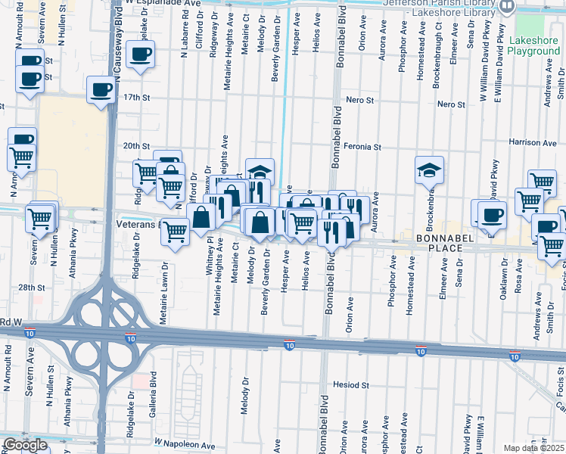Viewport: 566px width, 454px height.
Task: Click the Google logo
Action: pos(25,445)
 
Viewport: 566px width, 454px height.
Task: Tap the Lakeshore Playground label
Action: pos(534,45)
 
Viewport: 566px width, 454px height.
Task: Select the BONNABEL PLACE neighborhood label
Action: pos(434,243)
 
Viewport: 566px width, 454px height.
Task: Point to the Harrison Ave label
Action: pos(533,142)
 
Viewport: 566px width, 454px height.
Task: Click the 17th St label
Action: pos(138,98)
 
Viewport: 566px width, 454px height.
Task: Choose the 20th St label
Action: pos(138,146)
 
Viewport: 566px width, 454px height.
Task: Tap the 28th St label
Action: pos(32,288)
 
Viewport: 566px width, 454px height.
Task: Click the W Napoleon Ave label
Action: pos(185,440)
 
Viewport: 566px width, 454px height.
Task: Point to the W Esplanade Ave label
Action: pos(163,3)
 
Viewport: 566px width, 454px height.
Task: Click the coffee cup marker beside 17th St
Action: pos(101,90)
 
